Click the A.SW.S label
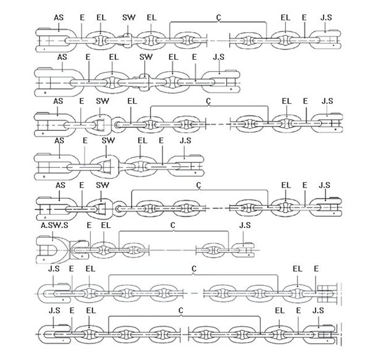tap(54, 225)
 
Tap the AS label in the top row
tap(59, 18)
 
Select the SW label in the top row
tap(128, 18)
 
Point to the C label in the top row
tap(219, 17)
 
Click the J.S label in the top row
tap(326, 18)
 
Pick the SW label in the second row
tap(146, 57)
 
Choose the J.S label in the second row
tap(219, 57)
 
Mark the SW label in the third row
tap(103, 101)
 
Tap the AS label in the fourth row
tap(59, 141)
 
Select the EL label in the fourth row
tap(143, 141)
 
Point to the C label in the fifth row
tap(199, 185)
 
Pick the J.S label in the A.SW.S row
tap(245, 225)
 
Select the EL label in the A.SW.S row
tap(106, 225)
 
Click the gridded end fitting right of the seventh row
tap(328, 294)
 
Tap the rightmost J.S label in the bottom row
tap(318, 311)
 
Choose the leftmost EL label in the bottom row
tap(91, 311)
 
